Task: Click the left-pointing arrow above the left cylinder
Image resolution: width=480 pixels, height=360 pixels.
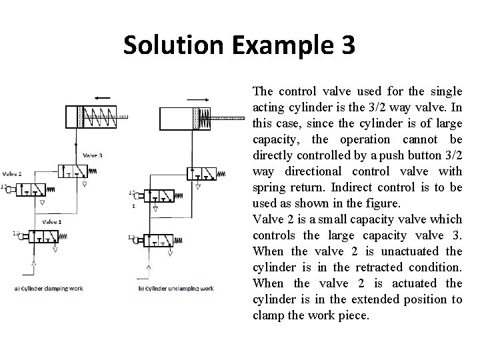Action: [102, 97]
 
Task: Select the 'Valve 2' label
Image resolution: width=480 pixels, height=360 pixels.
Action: [12, 174]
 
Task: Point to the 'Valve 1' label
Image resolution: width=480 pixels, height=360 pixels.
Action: [51, 221]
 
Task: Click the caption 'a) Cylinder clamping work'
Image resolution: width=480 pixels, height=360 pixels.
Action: [47, 288]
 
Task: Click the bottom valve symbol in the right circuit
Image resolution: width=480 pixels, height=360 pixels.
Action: [161, 240]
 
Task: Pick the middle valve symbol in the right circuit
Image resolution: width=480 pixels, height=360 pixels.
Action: [161, 197]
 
